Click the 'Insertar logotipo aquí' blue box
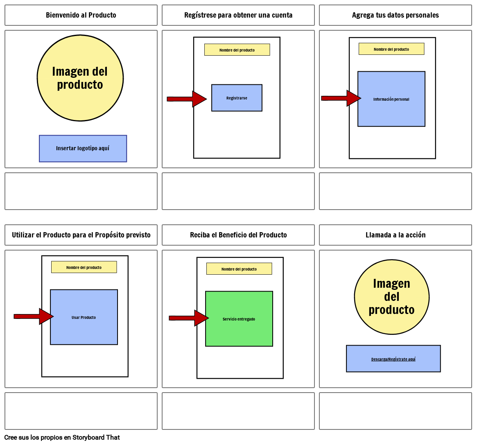click(83, 149)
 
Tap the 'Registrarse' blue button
click(237, 98)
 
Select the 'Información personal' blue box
click(391, 99)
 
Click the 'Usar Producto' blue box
click(84, 317)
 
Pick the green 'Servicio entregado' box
click(239, 319)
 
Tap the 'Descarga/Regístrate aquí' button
click(393, 359)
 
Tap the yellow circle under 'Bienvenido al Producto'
click(80, 78)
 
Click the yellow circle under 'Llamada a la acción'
click(391, 297)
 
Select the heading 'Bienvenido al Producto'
click(81, 15)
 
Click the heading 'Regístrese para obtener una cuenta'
click(238, 15)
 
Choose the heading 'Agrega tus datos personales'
click(395, 15)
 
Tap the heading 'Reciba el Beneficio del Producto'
click(238, 235)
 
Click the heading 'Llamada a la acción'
click(395, 235)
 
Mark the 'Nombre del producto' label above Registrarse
click(237, 50)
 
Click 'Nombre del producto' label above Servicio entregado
click(239, 269)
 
